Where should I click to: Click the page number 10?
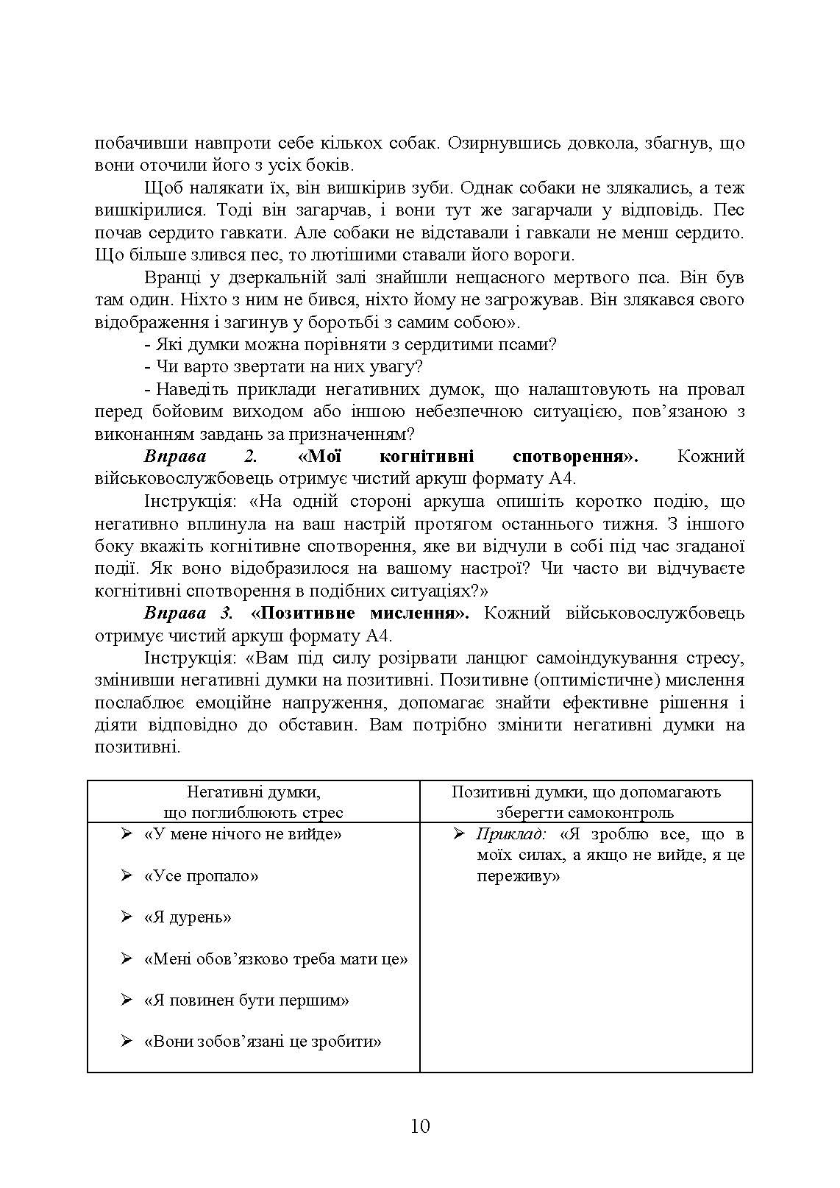pos(420,1126)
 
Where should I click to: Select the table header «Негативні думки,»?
pos(253,792)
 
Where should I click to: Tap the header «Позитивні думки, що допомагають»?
pos(585,792)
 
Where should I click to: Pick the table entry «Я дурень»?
pos(188,917)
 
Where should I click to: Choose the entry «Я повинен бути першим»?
pos(246,1000)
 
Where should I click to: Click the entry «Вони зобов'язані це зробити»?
pos(263,1042)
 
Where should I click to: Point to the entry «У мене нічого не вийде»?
pos(243,834)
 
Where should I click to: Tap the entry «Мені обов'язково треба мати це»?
pos(276,959)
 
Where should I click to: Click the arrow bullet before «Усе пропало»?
pos(127,876)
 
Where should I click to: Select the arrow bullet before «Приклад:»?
pos(460,834)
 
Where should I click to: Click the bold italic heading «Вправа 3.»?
pos(188,613)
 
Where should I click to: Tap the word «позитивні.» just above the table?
pos(138,747)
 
